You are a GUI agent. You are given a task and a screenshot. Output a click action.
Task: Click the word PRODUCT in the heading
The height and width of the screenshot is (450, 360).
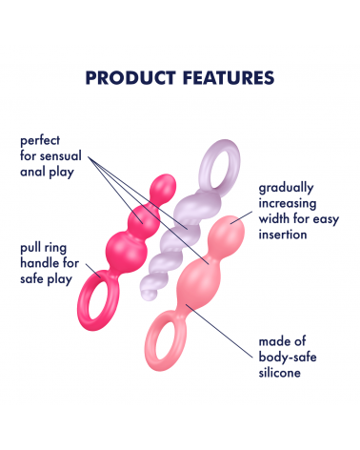130,78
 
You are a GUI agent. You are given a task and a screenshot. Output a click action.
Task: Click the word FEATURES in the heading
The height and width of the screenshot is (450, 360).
229,78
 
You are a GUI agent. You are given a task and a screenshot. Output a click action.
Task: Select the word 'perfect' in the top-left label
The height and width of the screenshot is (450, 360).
40,141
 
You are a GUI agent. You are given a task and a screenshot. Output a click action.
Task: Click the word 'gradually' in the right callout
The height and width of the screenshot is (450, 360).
286,189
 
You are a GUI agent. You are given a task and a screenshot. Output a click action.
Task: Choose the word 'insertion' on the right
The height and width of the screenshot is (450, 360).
283,235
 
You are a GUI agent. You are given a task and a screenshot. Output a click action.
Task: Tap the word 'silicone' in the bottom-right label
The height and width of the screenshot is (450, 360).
279,373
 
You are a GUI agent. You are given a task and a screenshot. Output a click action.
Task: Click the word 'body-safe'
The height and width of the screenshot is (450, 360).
288,358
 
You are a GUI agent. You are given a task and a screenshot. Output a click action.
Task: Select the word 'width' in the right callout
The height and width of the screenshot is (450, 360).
274,219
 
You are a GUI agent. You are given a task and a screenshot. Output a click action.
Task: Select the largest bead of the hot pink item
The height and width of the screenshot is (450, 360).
127,251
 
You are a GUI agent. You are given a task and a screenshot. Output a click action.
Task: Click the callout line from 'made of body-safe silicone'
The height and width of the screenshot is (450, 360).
219,331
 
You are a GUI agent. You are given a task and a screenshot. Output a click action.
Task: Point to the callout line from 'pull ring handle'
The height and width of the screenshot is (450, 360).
93,271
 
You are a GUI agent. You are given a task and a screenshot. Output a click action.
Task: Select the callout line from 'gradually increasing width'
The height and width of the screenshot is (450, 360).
241,217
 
